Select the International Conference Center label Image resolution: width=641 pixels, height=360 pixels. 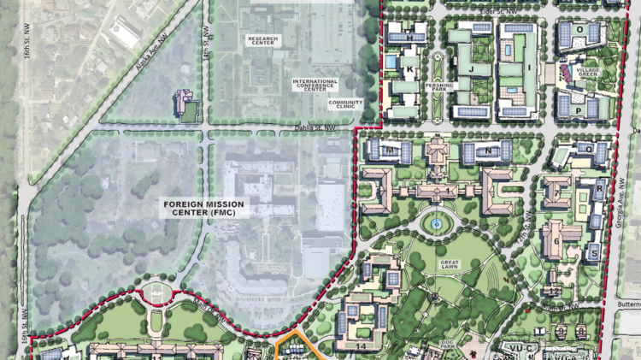point(315,85)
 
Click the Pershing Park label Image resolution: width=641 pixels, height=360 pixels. point(438,86)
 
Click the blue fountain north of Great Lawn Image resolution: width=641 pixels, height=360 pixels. point(437,224)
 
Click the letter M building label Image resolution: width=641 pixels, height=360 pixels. point(391,150)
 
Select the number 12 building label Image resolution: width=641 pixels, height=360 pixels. point(555,275)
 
